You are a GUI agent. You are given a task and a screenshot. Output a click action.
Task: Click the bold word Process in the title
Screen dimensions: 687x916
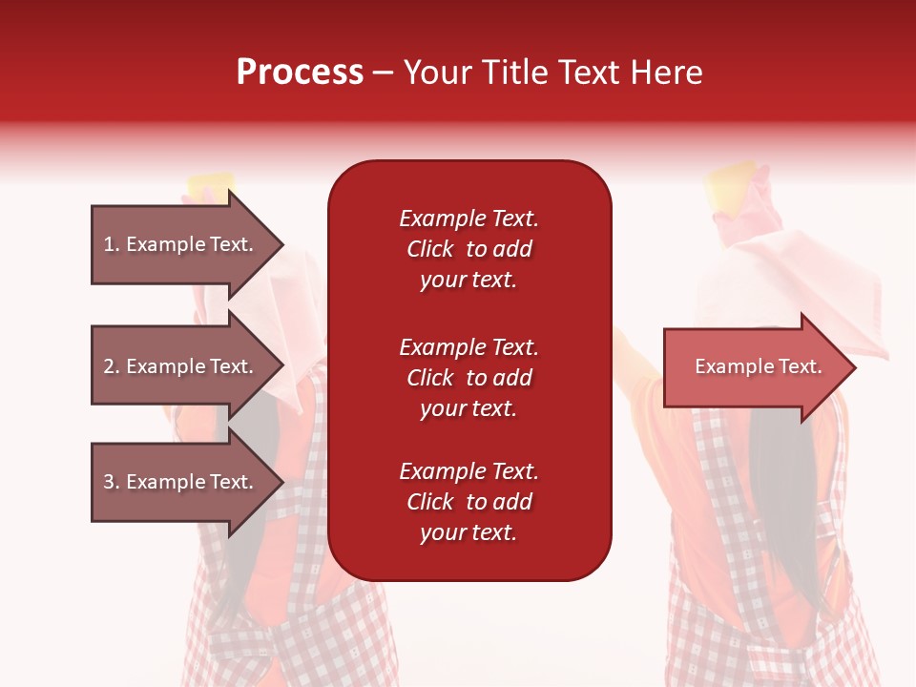[300, 73]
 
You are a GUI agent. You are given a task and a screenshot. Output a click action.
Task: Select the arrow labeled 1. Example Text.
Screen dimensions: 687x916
[178, 244]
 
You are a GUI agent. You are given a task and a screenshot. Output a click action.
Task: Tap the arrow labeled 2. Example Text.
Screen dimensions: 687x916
[178, 366]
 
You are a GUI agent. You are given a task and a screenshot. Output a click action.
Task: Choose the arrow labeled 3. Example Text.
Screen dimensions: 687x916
[178, 482]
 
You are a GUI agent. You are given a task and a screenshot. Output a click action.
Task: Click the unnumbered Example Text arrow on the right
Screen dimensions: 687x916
[758, 366]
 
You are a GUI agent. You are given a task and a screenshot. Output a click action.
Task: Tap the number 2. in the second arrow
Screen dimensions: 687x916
[112, 366]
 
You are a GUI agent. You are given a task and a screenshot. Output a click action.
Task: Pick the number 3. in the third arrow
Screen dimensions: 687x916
[112, 482]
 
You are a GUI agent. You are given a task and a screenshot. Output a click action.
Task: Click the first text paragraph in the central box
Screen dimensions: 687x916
[468, 249]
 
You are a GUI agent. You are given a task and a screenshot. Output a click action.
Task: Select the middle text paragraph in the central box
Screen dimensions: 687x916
[468, 378]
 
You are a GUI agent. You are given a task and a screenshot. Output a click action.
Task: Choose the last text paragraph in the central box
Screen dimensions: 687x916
[468, 502]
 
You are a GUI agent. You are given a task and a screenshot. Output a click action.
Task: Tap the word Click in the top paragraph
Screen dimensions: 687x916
[430, 249]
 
